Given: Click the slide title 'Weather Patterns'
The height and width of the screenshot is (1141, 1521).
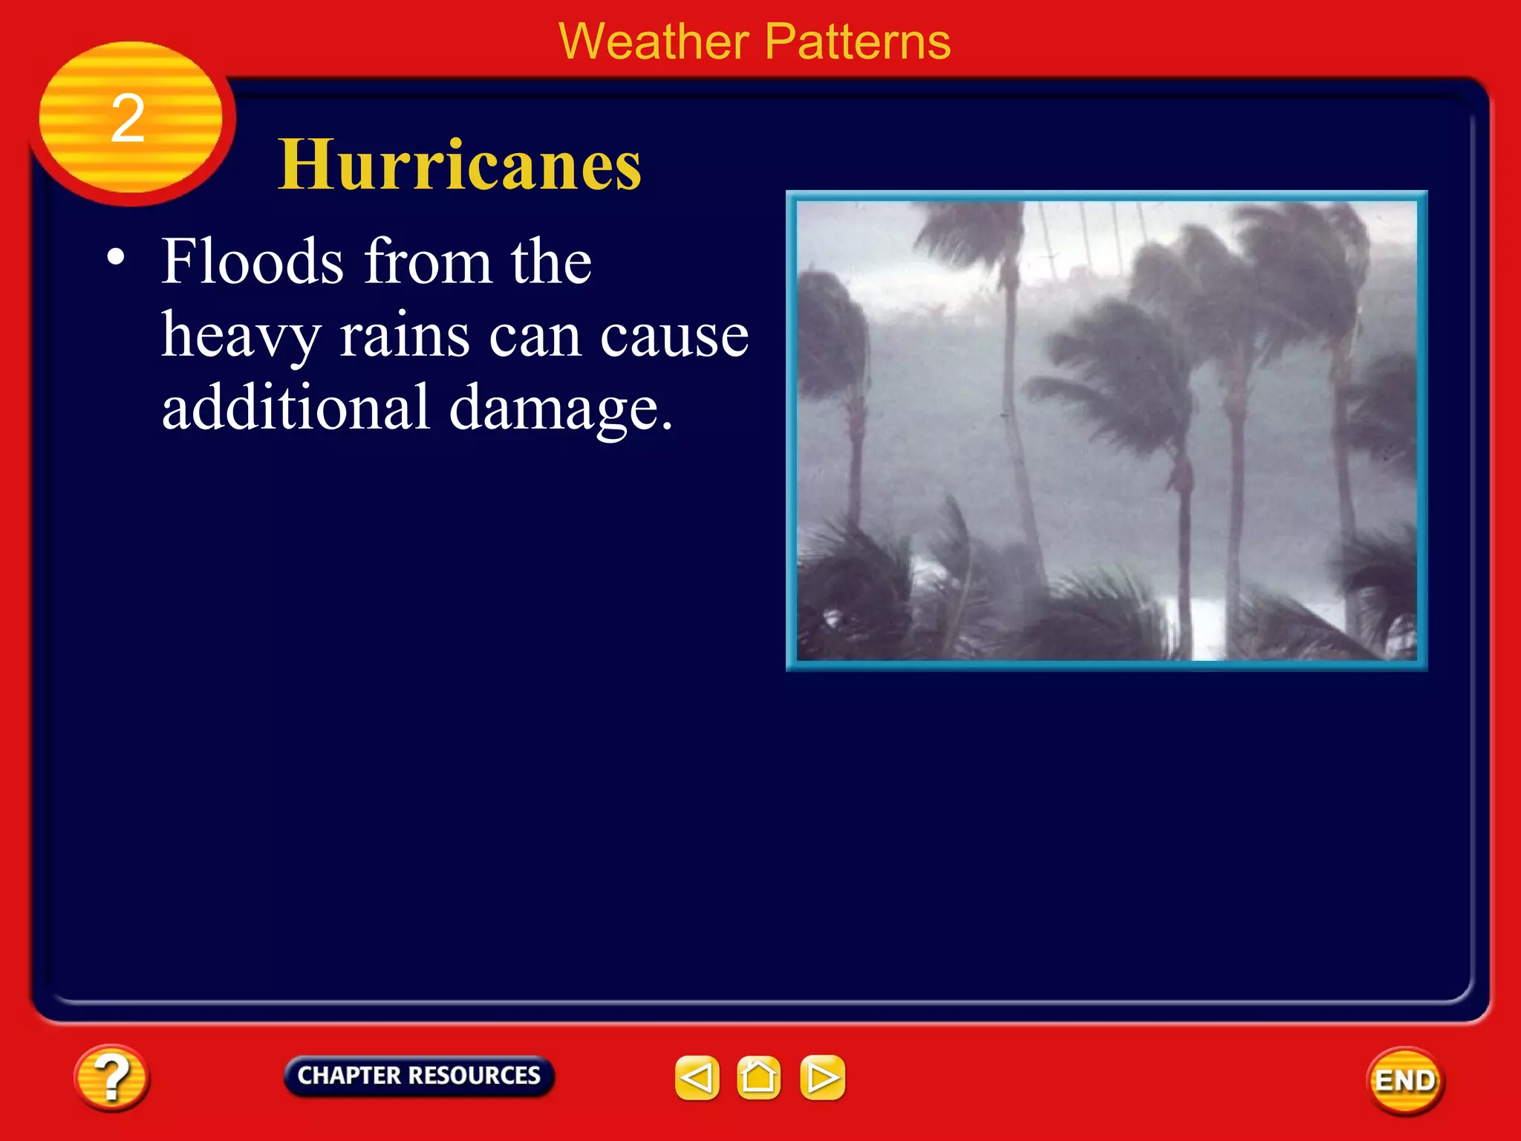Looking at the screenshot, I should pos(754,42).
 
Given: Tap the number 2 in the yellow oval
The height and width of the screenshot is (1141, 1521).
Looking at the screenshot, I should pos(128,119).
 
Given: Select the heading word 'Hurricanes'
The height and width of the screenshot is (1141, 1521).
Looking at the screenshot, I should pos(460,165).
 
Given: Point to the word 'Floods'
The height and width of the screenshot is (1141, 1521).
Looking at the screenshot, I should pos(253,261).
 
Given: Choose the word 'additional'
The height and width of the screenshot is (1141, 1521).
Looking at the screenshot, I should pos(296,407).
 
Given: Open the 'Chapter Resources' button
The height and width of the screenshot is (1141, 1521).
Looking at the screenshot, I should pos(419,1076).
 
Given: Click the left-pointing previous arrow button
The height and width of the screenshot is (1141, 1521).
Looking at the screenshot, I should pos(697,1077).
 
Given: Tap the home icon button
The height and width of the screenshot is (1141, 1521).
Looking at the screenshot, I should pos(758,1077).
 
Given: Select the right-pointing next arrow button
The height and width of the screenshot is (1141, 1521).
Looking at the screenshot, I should pos(822,1077).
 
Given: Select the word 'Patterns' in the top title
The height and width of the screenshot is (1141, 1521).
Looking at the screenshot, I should pos(857,42).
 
